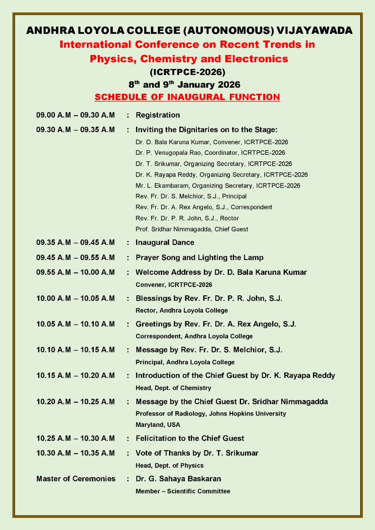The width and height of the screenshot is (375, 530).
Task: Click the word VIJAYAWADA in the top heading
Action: click(x=314, y=30)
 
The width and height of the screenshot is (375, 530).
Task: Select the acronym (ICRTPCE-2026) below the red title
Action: click(x=187, y=72)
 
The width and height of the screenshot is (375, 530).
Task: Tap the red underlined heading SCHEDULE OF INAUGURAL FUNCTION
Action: click(x=187, y=97)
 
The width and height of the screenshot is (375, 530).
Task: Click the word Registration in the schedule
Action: click(x=158, y=115)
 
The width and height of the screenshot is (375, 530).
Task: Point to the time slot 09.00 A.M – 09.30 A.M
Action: click(x=75, y=115)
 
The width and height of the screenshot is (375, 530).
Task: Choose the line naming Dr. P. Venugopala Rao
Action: click(x=210, y=153)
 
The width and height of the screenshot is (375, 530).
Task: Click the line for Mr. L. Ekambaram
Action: click(x=218, y=186)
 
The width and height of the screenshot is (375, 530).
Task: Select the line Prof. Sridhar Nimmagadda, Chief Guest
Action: click(x=192, y=229)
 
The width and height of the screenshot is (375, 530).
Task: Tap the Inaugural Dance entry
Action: click(x=165, y=242)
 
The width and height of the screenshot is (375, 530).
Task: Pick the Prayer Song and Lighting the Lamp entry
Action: click(x=199, y=258)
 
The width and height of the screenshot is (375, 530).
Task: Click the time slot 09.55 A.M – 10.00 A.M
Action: click(x=75, y=272)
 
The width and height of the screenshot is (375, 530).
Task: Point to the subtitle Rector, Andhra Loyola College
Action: click(x=182, y=311)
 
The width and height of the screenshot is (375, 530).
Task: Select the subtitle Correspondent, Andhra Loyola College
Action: click(x=194, y=336)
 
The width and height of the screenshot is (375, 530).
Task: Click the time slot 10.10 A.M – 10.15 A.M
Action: click(x=75, y=350)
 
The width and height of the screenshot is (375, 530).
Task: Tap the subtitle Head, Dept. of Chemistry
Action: click(x=173, y=388)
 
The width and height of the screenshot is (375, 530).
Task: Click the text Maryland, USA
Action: click(x=158, y=425)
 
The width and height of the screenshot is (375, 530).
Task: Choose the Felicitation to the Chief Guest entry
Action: click(x=190, y=438)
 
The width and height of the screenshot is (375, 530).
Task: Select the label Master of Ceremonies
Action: click(x=76, y=479)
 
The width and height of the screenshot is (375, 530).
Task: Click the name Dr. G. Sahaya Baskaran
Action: click(x=178, y=479)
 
